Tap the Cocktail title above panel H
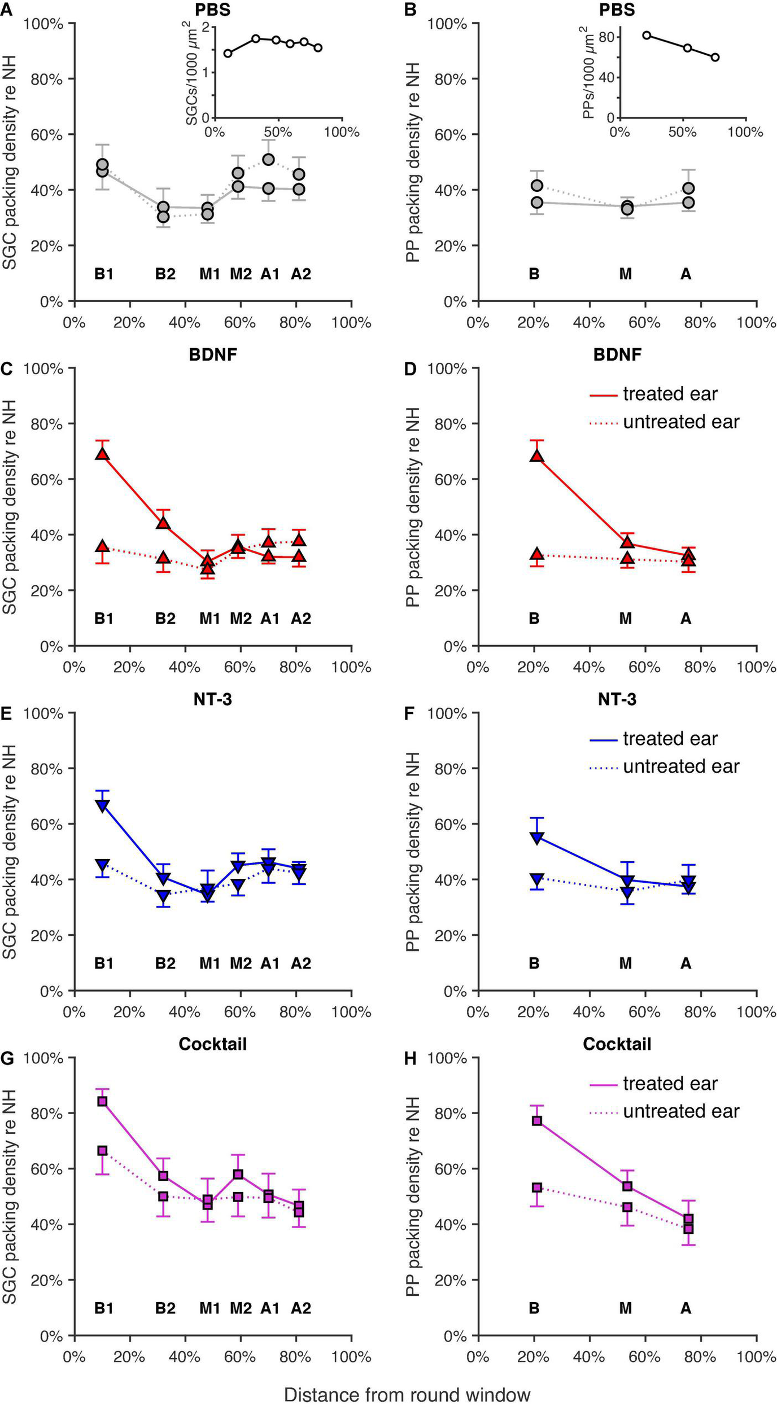tap(617, 1044)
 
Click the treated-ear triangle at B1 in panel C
tap(102, 454)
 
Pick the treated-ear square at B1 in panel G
tap(102, 1101)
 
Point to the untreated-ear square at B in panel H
tap(537, 1187)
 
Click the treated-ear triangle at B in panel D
tap(537, 456)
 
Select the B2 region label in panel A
tap(165, 274)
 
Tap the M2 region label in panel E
tap(241, 963)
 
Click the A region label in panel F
tap(686, 963)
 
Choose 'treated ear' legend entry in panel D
tap(670, 394)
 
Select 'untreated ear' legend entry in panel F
tap(681, 766)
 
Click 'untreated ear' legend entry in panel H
tap(681, 1111)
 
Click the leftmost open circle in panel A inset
tap(228, 54)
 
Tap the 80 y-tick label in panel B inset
tap(608, 37)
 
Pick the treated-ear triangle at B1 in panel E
tap(102, 805)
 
